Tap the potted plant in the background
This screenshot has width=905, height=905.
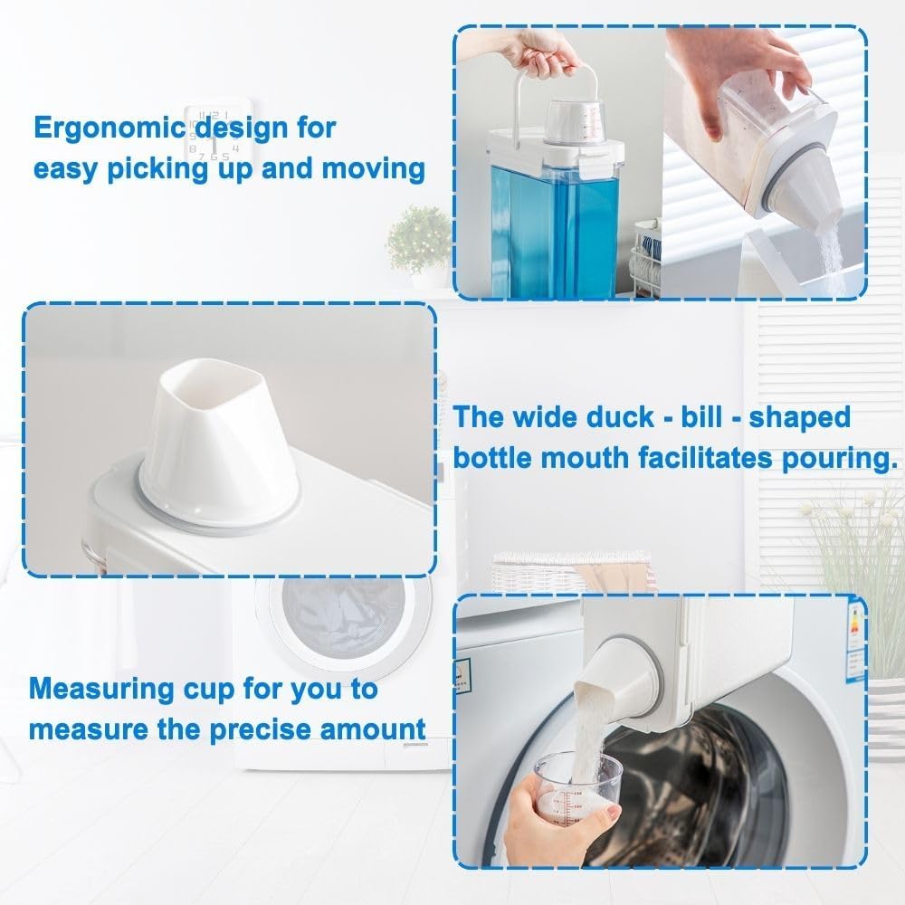coord(418,238)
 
